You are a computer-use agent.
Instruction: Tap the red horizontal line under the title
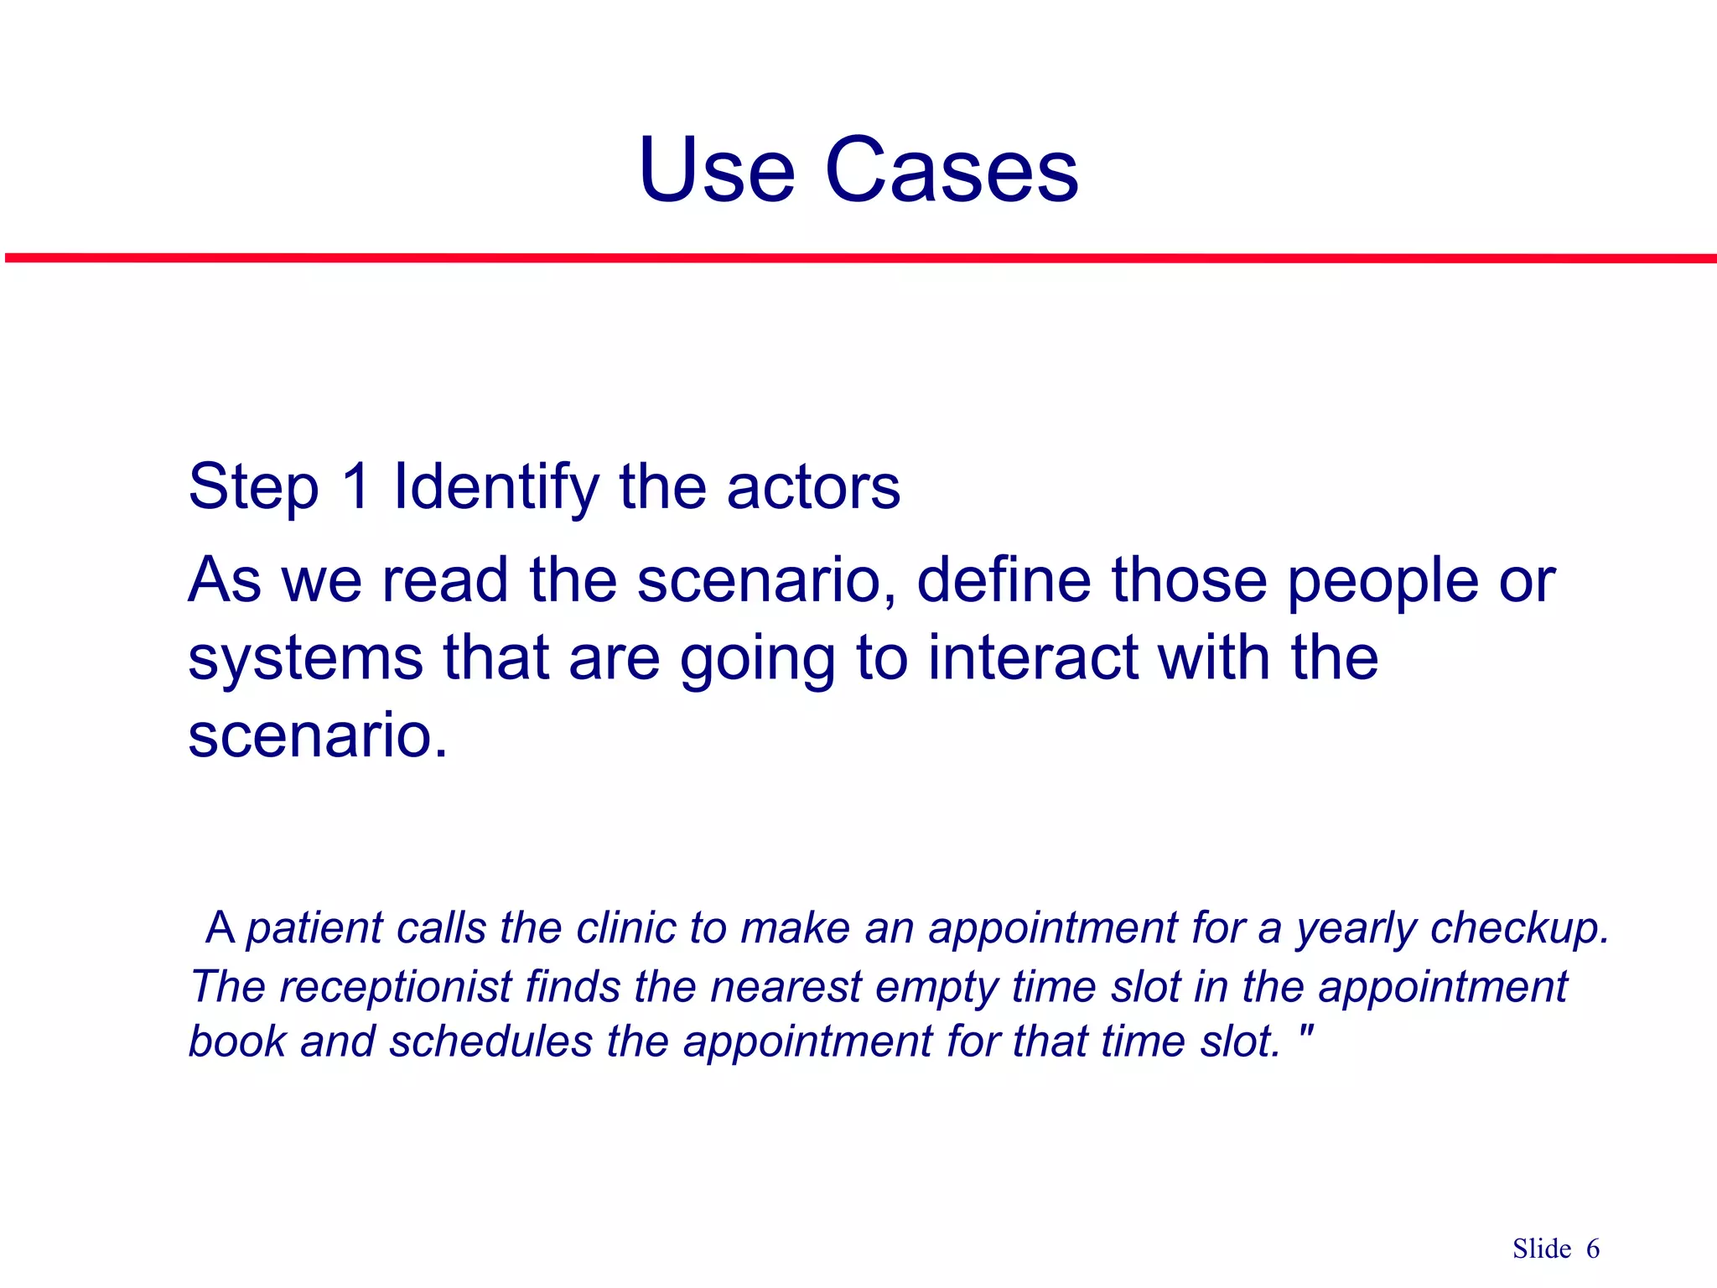pyautogui.click(x=858, y=258)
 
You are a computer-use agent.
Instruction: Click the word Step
pyautogui.click(x=253, y=488)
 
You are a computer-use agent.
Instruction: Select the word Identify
pyautogui.click(x=496, y=488)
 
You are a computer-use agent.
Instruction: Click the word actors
pyautogui.click(x=812, y=488)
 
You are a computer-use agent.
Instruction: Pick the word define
pyautogui.click(x=1004, y=580)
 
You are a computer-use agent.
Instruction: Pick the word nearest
pyautogui.click(x=786, y=987)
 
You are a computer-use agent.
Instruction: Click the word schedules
pyautogui.click(x=490, y=1042)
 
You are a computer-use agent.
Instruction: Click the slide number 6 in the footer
pyautogui.click(x=1592, y=1249)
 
